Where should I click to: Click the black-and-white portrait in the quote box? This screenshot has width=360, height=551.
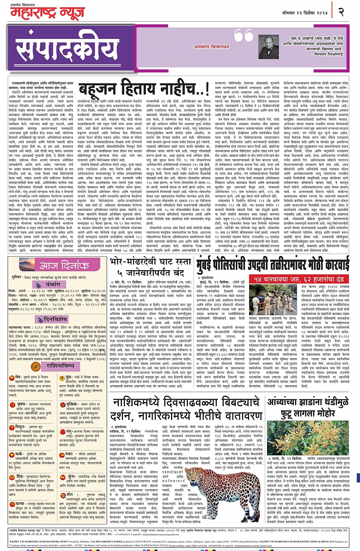click(269, 46)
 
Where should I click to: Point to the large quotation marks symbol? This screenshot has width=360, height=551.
click(243, 36)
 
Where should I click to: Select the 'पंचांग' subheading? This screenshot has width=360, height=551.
click(53, 285)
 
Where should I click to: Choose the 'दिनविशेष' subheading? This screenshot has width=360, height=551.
click(55, 319)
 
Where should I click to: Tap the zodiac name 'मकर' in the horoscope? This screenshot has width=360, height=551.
click(69, 454)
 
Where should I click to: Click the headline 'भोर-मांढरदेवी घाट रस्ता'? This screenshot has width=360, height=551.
click(150, 262)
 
